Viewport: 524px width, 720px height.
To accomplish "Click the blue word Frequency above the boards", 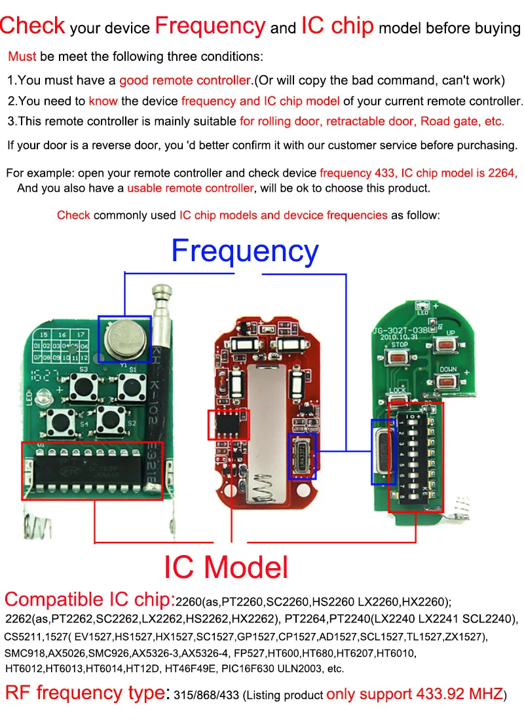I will click(244, 252).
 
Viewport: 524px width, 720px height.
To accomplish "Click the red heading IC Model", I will click(226, 567).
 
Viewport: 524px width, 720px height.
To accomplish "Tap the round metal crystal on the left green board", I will click(124, 336).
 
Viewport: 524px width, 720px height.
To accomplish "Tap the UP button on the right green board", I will click(451, 346).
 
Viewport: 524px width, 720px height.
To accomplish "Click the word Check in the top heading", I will click(33, 26).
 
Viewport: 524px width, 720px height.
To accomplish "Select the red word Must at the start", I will click(22, 56).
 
